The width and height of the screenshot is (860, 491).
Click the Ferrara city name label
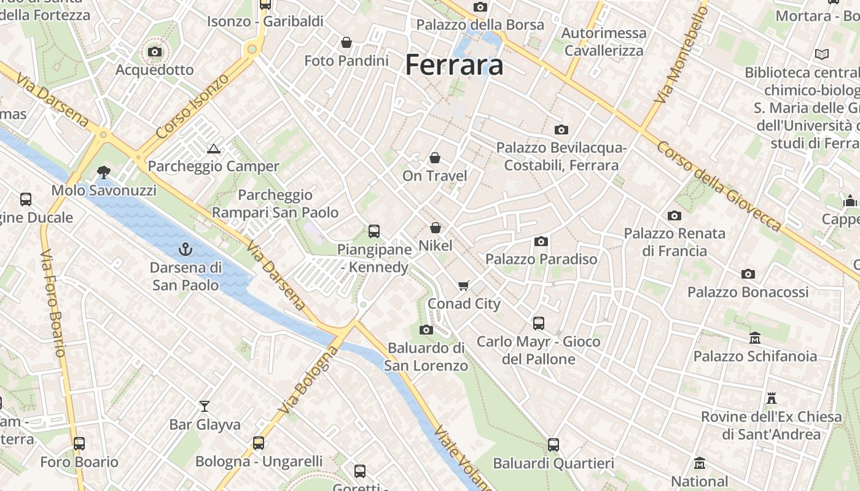(x=455, y=64)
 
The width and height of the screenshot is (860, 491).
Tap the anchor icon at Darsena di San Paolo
(x=184, y=249)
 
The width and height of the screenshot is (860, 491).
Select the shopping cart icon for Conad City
(x=464, y=285)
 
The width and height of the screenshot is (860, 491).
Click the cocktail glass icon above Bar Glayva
(x=205, y=406)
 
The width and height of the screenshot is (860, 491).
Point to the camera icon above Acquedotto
(x=155, y=52)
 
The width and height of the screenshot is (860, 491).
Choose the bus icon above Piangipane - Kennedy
(x=373, y=231)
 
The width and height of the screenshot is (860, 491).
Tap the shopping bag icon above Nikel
(x=436, y=228)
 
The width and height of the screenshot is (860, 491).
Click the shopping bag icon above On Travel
(x=435, y=158)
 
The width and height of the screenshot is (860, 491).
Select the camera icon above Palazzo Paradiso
(x=541, y=241)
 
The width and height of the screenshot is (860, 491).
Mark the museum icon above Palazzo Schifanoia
(x=755, y=338)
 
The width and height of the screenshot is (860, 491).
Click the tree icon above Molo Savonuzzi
(x=104, y=172)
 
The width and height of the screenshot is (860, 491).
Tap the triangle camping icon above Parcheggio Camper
(x=213, y=149)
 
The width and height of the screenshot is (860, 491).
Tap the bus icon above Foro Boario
(x=79, y=443)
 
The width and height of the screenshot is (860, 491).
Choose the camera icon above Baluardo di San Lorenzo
(x=426, y=330)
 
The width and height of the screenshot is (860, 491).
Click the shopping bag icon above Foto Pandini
(x=346, y=42)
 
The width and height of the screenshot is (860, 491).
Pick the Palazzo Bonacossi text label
(x=748, y=292)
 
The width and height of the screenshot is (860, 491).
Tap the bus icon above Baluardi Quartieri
(x=553, y=444)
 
